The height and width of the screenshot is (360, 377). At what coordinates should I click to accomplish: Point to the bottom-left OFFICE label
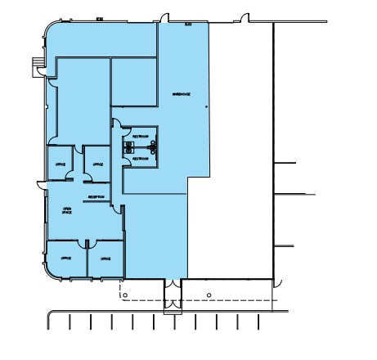tap(65, 259)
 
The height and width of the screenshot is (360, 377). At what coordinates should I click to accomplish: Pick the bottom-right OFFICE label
tap(105, 259)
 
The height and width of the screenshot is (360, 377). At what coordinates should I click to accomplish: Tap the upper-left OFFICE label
tap(60, 164)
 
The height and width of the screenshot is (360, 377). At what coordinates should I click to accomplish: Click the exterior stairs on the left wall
tap(35, 65)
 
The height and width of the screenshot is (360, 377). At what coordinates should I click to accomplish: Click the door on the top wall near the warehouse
tap(164, 18)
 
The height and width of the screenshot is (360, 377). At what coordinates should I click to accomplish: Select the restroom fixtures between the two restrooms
tap(129, 147)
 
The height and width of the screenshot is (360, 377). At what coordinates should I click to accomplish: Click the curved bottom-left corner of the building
tap(51, 275)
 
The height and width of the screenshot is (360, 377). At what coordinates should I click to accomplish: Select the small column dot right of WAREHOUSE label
tap(206, 106)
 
